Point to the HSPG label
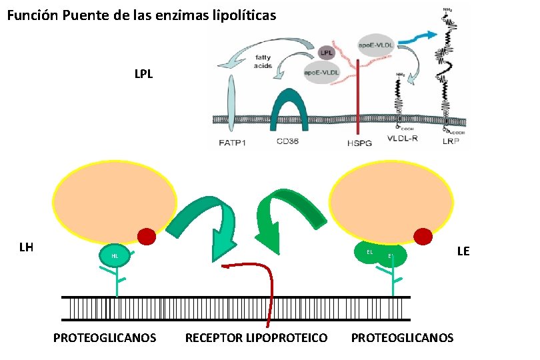coord(359,143)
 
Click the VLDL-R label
coord(403,140)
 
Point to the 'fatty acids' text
coord(261,61)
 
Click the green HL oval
coord(115,256)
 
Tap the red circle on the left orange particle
coord(147,236)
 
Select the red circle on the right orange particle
coord(423,236)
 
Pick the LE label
coord(463,251)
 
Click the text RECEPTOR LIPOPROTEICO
coord(257,338)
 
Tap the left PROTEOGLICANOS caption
coord(105,338)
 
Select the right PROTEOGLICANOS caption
coord(402,338)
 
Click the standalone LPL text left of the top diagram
coord(143,74)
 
